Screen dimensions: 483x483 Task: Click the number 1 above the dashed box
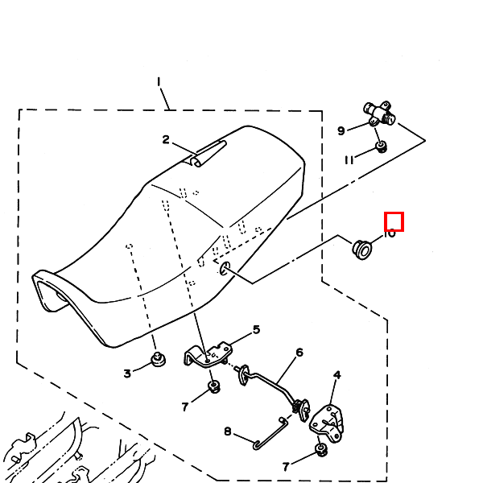159,81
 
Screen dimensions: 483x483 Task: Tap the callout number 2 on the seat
166,140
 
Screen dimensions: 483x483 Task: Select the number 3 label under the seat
127,373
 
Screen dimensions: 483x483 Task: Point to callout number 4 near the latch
336,374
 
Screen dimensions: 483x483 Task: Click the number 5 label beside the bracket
256,329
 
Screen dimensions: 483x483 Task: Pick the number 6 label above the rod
299,353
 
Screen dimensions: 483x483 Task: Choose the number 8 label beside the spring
228,432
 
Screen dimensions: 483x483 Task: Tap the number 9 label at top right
341,130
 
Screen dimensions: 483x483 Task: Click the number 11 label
349,159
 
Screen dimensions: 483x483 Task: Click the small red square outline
394,221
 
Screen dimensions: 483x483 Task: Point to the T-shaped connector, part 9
378,114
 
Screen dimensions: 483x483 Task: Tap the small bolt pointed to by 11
382,147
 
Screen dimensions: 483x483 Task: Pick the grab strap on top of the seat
208,153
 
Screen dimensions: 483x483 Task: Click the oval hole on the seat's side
224,268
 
